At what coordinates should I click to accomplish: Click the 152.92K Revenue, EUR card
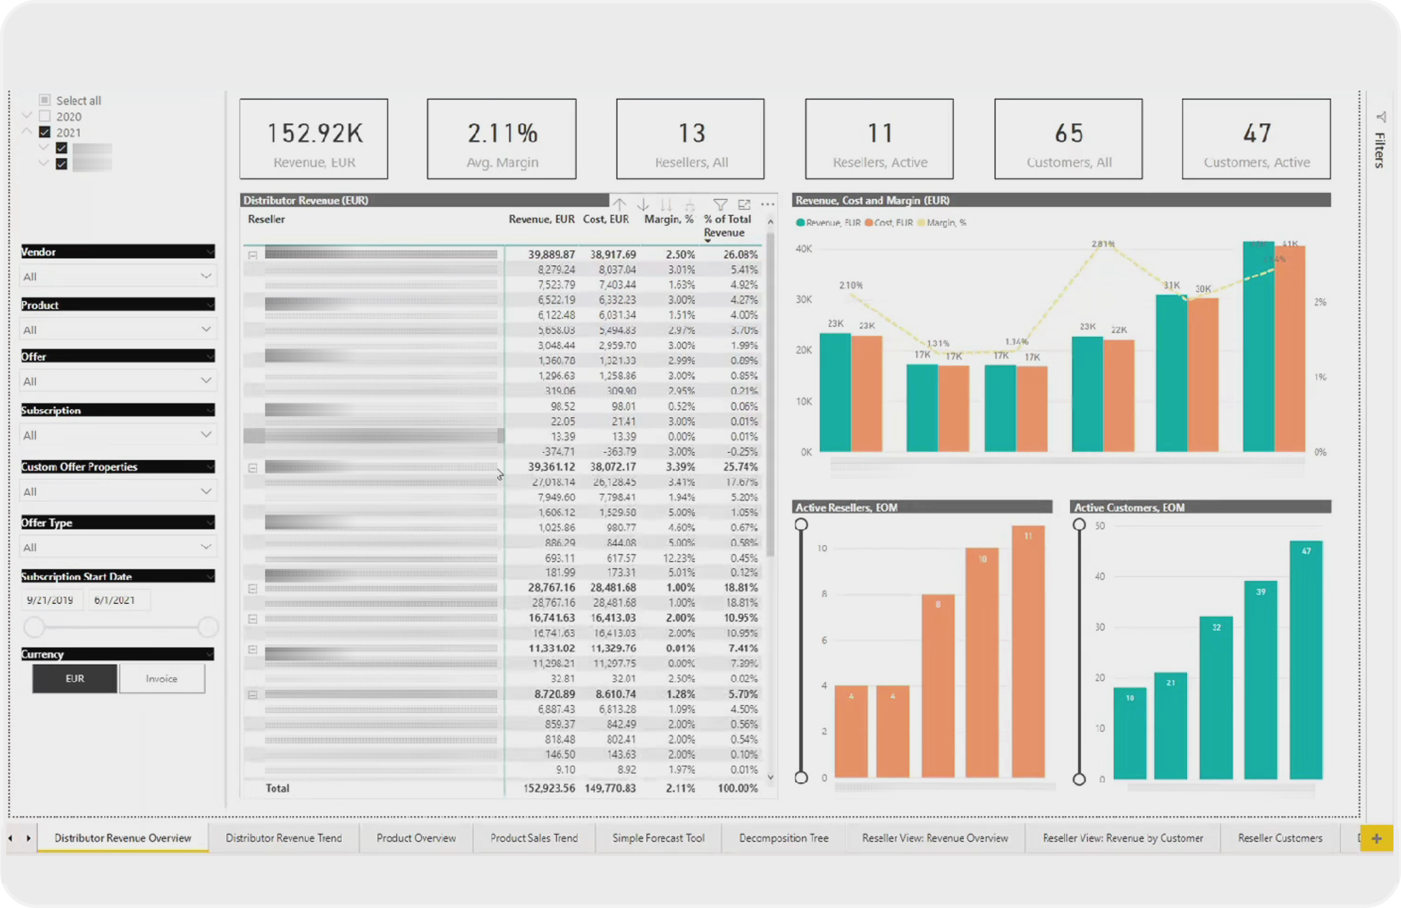click(x=314, y=139)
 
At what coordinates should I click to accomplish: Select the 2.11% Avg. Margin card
click(x=502, y=139)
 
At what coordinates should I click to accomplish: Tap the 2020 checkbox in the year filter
click(x=45, y=116)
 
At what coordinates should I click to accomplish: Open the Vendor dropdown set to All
click(x=117, y=276)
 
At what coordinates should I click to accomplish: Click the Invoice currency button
click(x=162, y=678)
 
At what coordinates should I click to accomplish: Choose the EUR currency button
click(x=74, y=678)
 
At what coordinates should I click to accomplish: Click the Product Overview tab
click(x=416, y=838)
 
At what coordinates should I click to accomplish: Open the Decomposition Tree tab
click(x=783, y=838)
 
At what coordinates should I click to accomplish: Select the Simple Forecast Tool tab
click(x=658, y=838)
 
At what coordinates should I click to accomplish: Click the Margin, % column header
click(x=668, y=219)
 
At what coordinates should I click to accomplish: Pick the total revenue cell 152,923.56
click(x=549, y=788)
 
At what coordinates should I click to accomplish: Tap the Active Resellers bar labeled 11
click(x=1028, y=650)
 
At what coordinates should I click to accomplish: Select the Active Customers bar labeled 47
click(x=1306, y=660)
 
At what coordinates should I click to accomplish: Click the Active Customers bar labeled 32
click(x=1216, y=697)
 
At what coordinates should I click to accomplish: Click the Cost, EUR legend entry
click(x=889, y=223)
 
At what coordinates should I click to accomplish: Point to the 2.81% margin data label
click(x=1103, y=244)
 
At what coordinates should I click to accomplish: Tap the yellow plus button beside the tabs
click(x=1376, y=838)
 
